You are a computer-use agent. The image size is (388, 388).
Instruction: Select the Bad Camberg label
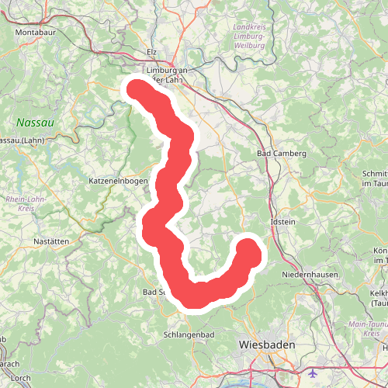click(x=282, y=154)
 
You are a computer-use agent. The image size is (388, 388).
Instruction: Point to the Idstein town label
click(x=282, y=223)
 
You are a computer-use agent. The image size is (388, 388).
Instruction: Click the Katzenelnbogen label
click(x=119, y=181)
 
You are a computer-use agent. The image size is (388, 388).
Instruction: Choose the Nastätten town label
click(x=52, y=241)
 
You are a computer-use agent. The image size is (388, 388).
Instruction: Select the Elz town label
click(x=151, y=53)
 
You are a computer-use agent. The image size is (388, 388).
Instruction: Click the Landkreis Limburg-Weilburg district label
click(x=248, y=36)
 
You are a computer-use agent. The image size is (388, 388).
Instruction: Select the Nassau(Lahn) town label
click(x=20, y=140)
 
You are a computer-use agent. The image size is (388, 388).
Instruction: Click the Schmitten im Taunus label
click(x=376, y=178)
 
